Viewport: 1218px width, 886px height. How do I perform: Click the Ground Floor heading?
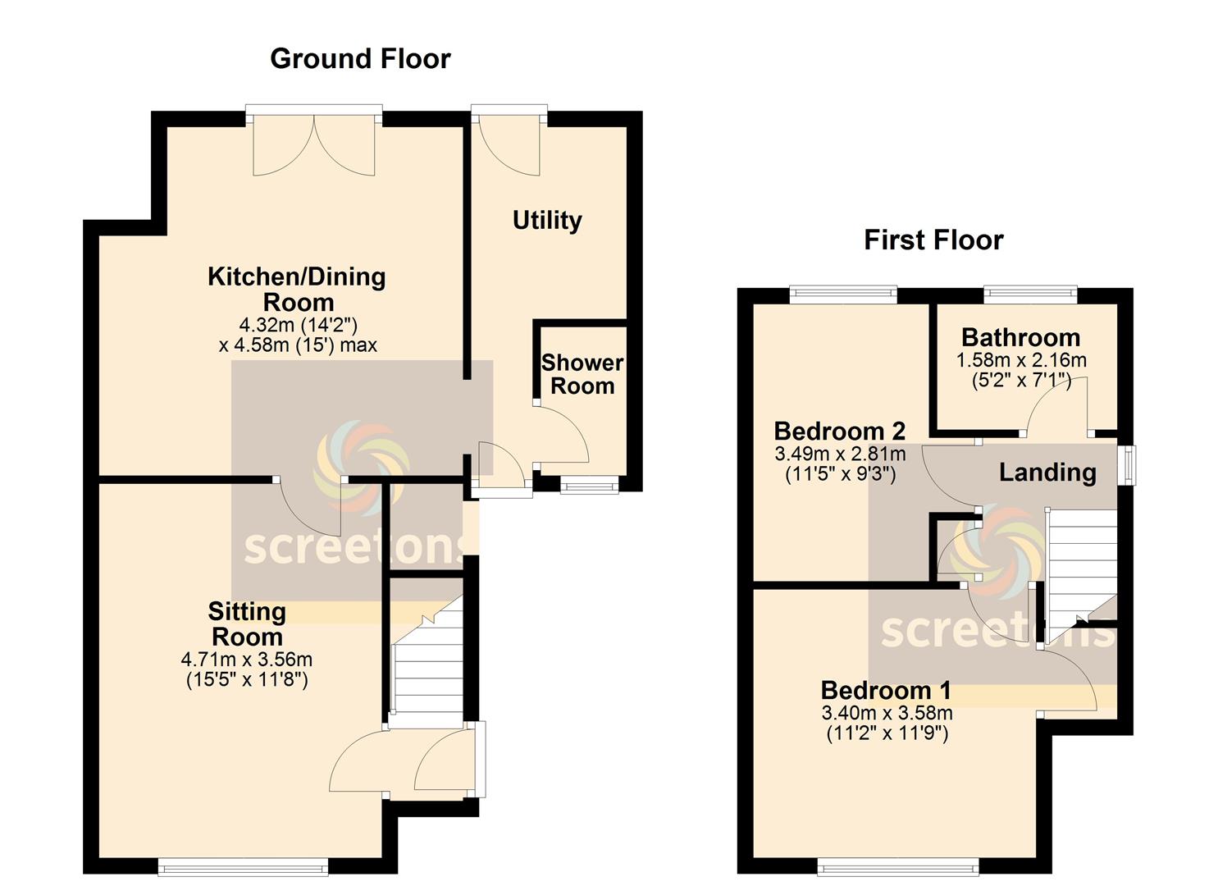coord(360,59)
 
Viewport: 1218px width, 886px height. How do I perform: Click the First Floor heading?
coord(933,240)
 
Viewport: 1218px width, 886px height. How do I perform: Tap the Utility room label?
coord(547,221)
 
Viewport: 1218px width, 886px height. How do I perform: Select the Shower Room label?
coord(582,374)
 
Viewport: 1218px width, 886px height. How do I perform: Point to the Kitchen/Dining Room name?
coord(297,290)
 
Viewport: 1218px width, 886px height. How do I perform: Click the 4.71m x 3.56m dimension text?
coord(247,660)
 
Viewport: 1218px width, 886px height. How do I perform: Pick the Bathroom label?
coord(1020,338)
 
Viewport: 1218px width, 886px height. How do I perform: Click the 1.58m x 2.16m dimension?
coord(1021,360)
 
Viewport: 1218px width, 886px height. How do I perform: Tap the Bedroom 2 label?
coord(840,432)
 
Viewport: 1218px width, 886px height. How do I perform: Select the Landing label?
coord(1047,473)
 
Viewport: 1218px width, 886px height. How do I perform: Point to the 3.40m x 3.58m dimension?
coord(887,713)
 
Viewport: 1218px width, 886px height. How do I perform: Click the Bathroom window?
coord(1030,295)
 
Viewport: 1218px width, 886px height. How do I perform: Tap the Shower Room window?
coord(590,485)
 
